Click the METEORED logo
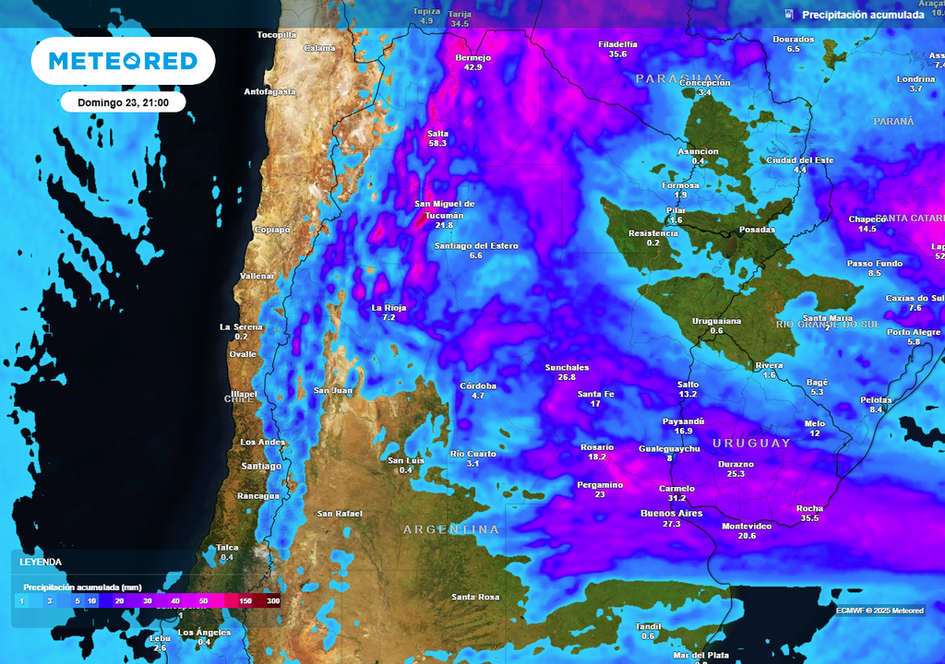tap(123, 61)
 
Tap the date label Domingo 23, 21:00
tap(123, 102)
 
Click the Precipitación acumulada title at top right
tap(862, 15)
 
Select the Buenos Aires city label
tap(671, 513)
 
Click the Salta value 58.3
tap(437, 144)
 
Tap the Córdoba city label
tap(478, 385)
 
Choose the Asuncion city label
tap(698, 151)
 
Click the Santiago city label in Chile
tap(261, 466)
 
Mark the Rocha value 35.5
tap(809, 518)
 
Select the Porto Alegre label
tap(914, 332)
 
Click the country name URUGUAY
tap(751, 443)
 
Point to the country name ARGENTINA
tap(451, 529)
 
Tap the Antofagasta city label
tap(269, 91)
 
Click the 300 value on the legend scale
tap(273, 601)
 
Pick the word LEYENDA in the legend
tap(42, 561)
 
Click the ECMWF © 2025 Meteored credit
tap(879, 611)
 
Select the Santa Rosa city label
tap(475, 597)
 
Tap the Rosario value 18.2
tap(597, 457)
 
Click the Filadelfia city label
tap(617, 43)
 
